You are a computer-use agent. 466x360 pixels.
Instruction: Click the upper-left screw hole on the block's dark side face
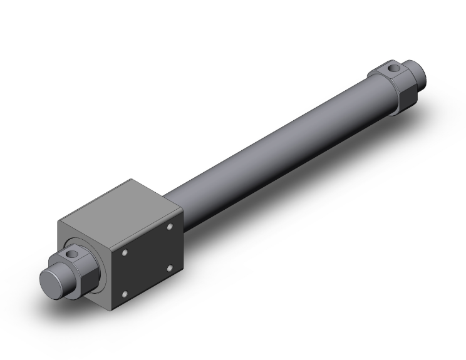click(125, 252)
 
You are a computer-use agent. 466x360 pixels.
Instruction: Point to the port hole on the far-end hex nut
click(392, 67)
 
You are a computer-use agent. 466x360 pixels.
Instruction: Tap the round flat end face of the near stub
click(51, 280)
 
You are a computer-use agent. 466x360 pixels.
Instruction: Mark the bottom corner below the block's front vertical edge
click(111, 309)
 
